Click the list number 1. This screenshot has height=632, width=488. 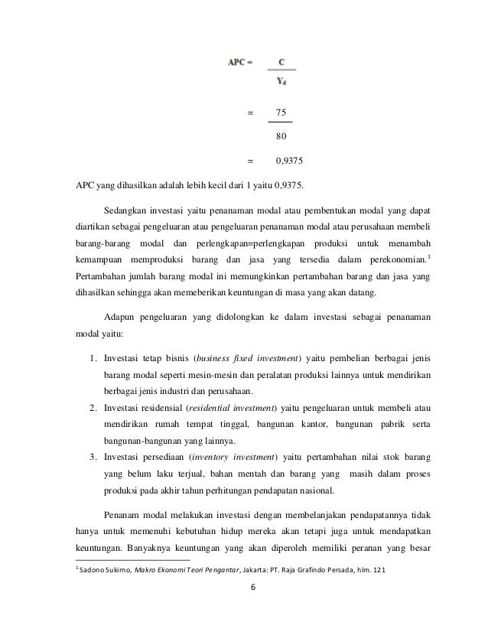(89, 358)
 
